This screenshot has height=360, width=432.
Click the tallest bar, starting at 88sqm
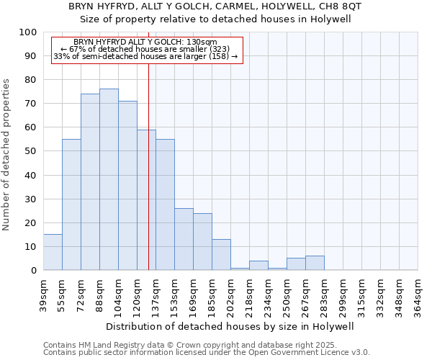pyautogui.click(x=109, y=179)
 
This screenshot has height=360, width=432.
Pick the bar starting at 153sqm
pyautogui.click(x=184, y=239)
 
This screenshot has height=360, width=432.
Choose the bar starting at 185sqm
pyautogui.click(x=221, y=255)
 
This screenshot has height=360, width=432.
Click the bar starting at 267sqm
pyautogui.click(x=315, y=263)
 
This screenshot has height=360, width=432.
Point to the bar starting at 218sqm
pyautogui.click(x=258, y=266)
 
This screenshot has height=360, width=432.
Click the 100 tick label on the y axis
pyautogui.click(x=28, y=32)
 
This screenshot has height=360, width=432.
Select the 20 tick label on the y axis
pyautogui.click(x=31, y=222)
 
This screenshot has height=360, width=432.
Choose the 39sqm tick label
pyautogui.click(x=44, y=293)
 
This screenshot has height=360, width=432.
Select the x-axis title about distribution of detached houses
pyautogui.click(x=230, y=326)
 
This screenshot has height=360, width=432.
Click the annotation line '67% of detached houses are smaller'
pyautogui.click(x=148, y=49)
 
